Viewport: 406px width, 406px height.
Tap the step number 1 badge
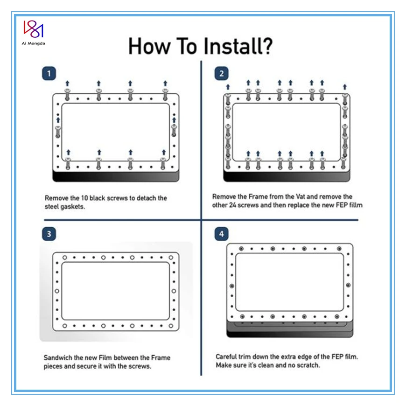coord(49,73)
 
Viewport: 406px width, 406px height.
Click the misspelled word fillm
coord(354,205)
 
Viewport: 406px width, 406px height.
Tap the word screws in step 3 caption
coord(139,366)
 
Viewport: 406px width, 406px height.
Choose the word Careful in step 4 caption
coord(227,357)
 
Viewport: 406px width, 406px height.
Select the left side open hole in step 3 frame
coord(57,291)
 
